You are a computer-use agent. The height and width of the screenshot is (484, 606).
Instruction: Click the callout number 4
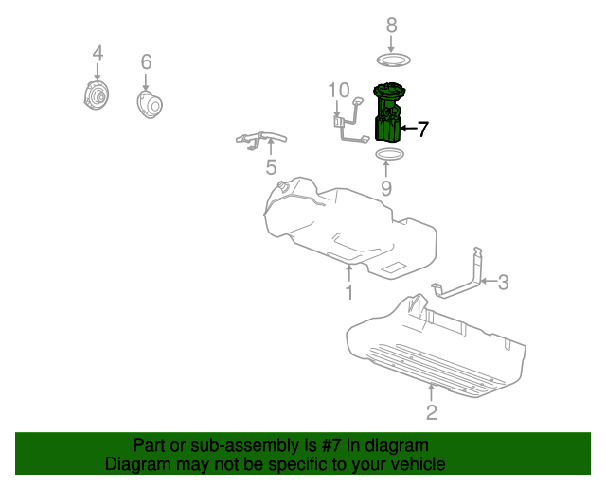pos(98,53)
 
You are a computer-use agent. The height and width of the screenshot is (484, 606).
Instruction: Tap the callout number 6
pos(146,61)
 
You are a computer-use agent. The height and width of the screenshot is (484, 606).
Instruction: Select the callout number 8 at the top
pos(391,26)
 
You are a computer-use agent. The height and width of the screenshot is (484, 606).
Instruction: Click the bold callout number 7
pos(423,129)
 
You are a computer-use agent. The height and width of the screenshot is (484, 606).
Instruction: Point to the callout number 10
pos(339,91)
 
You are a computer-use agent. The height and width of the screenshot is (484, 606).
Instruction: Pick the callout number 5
pos(271,167)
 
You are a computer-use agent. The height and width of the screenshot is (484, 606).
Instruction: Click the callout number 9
pos(386,188)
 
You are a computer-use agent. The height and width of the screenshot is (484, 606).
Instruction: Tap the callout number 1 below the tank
pos(349,292)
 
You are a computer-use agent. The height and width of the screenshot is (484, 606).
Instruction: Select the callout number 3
pos(503,283)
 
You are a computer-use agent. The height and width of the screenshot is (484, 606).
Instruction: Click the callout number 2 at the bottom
pos(432,412)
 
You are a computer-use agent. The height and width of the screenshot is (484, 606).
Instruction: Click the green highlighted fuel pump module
pos(388,112)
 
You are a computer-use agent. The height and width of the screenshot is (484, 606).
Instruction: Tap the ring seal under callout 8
pos(394,60)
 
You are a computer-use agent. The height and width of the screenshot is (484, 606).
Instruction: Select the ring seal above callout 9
pos(390,155)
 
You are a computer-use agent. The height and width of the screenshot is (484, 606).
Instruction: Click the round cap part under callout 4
pos(96,95)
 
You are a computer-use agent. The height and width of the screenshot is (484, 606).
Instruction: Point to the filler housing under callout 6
pos(150,104)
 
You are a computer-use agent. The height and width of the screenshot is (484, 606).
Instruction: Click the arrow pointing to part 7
pos(408,129)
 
